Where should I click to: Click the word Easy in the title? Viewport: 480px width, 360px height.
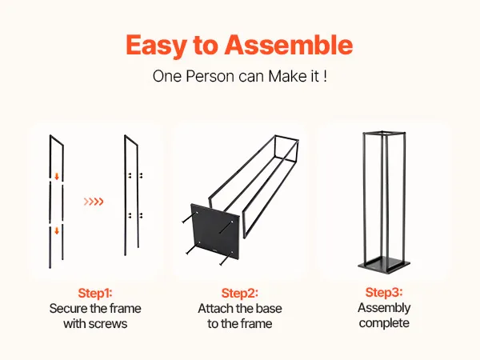157,46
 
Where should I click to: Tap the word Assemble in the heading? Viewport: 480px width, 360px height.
289,45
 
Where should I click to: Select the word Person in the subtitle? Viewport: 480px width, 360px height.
210,76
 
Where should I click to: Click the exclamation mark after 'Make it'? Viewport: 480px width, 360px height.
325,76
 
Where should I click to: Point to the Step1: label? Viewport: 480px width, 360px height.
95,293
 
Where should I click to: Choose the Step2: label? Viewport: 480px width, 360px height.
240,293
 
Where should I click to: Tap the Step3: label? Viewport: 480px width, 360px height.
384,292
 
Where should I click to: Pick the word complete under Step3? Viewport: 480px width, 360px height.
384,323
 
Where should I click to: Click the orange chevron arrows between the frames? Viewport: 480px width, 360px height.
94,202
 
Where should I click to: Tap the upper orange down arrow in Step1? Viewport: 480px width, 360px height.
57,176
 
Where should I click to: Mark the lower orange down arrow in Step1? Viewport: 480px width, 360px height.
57,230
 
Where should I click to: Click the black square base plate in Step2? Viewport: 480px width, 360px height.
215,232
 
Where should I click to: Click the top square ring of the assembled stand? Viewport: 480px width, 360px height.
384,134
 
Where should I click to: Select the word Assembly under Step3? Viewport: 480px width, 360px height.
384,308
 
